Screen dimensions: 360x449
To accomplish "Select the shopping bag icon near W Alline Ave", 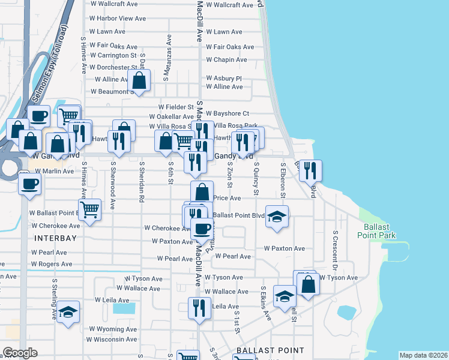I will (139, 80).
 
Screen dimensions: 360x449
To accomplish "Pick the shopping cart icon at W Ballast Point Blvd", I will (89, 209).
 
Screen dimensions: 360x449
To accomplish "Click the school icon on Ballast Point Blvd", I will (277, 216).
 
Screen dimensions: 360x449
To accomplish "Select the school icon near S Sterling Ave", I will (68, 311).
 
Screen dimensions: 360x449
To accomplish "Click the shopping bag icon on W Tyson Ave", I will (308, 284).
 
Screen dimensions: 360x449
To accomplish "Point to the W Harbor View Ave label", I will (117, 18).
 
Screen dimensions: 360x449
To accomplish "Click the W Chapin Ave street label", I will (226, 60).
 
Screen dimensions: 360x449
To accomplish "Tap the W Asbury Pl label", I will (223, 78).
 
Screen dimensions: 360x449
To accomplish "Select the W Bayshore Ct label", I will (228, 113).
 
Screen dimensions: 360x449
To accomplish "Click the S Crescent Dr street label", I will (335, 246).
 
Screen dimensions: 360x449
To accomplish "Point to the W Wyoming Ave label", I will (113, 329).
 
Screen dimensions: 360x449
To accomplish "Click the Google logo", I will (20, 353).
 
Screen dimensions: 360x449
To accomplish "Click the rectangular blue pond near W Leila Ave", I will (124, 309).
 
